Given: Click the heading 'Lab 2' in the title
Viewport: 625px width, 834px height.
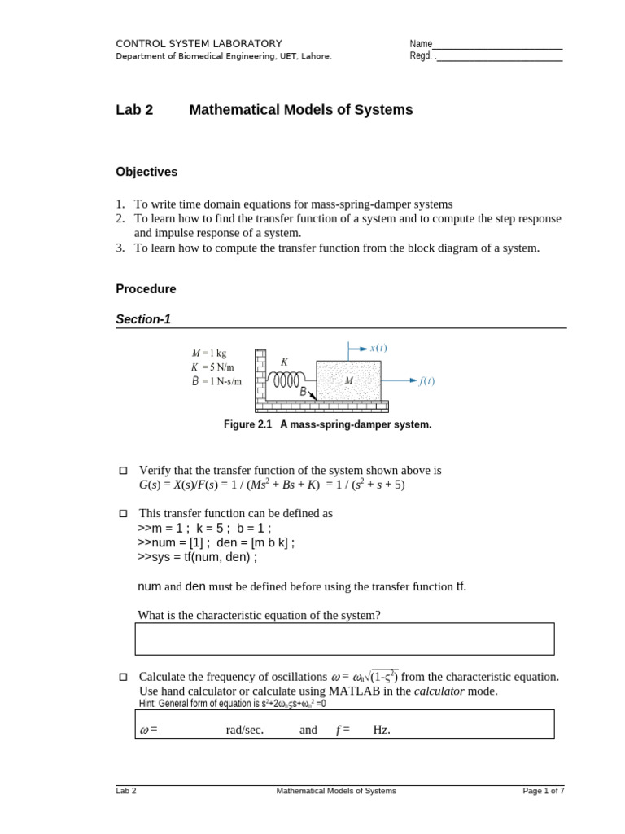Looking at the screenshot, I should pos(134,110).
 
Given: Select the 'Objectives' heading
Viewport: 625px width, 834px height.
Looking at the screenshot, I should pos(146,172).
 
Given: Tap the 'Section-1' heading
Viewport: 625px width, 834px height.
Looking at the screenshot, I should pos(143,319).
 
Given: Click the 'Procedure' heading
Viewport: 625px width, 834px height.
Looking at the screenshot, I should pos(146,289).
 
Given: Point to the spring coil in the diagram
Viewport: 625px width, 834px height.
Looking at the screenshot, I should pos(286,380).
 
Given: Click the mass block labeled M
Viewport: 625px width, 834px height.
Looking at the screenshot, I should pos(348,380).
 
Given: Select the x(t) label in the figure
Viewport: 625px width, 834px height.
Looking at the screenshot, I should pos(378,348).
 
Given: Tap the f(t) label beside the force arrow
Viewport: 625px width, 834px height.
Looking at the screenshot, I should pos(426,380).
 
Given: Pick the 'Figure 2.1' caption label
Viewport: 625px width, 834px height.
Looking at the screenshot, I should pos(250,424).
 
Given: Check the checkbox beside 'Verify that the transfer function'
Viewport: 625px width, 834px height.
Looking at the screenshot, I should pos(124,471).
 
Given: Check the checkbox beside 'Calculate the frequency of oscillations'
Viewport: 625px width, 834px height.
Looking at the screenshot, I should pos(124,677).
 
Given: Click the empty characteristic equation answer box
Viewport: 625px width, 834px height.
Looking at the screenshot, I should pos(344,639).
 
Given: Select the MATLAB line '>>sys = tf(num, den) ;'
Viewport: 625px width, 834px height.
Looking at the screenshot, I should pos(197,557).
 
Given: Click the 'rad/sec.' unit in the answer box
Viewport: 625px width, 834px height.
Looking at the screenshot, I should pos(245,730).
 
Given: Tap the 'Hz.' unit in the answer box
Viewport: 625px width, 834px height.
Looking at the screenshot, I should pos(382,730).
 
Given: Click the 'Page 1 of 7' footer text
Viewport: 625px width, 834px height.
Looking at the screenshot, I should pos(543,791).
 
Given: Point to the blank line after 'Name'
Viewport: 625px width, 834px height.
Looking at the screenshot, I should pos(497,44).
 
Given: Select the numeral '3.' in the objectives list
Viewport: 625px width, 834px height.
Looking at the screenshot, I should pos(120,248).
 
